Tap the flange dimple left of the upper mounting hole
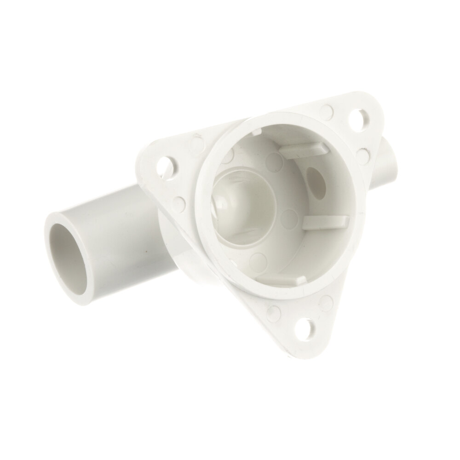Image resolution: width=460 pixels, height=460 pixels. pyautogui.click(x=327, y=110)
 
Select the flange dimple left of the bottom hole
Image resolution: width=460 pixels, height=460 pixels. pyautogui.click(x=274, y=312)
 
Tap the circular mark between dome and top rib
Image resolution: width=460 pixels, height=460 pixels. pyautogui.click(x=275, y=161)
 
